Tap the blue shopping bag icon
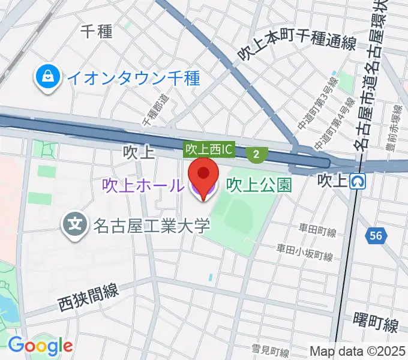pyautogui.click(x=46, y=78)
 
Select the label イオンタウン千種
pyautogui.click(x=133, y=78)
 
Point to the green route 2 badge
pyautogui.click(x=257, y=154)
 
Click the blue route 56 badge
pyautogui.click(x=376, y=236)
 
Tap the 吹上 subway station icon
pyautogui.click(x=358, y=180)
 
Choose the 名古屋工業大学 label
pyautogui.click(x=151, y=226)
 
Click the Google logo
pyautogui.click(x=40, y=345)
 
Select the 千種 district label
pyautogui.click(x=97, y=32)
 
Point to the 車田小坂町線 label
pyautogui.click(x=304, y=252)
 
